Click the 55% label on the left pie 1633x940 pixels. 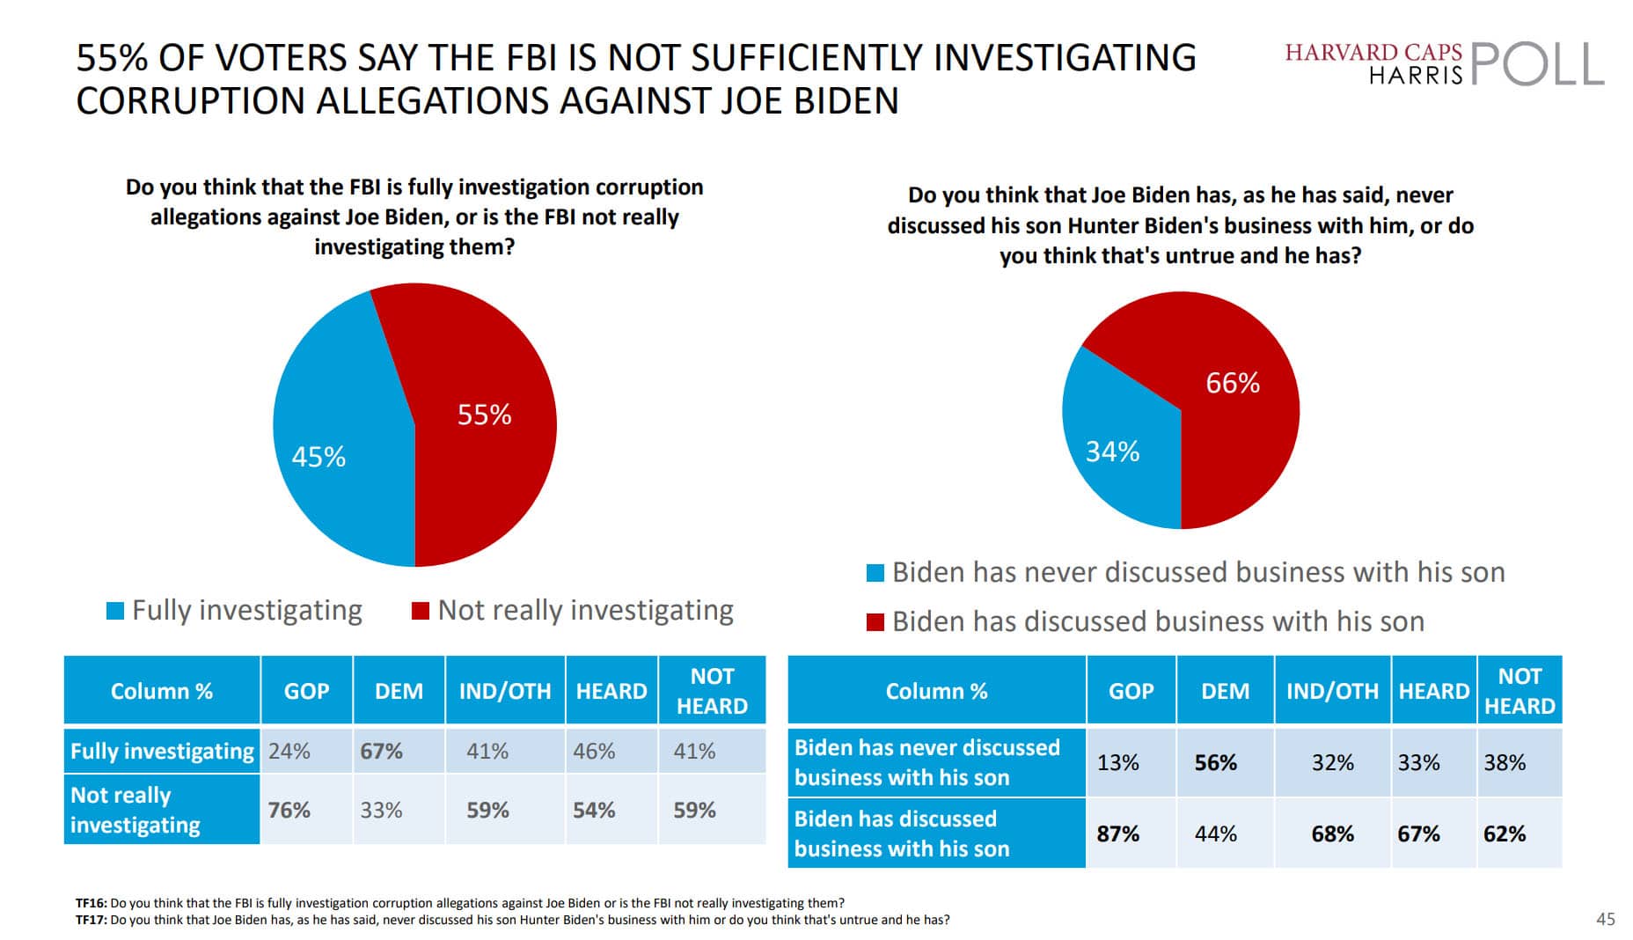tap(484, 415)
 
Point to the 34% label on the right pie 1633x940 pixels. tap(1112, 452)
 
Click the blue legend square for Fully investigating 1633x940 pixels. tap(114, 611)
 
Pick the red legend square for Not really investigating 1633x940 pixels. tap(421, 611)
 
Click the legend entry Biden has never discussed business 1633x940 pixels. tap(1197, 573)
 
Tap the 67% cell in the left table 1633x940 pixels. tap(381, 752)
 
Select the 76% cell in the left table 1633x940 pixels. tap(289, 811)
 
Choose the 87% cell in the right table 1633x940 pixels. tap(1117, 834)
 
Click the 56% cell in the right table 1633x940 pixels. tap(1215, 762)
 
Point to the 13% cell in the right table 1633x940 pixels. tap(1117, 762)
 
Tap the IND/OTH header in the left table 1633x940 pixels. tap(504, 692)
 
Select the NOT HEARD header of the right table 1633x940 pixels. tap(1519, 691)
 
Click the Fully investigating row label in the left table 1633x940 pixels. tap(162, 752)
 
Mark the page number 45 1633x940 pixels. tap(1605, 919)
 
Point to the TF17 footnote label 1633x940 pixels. tap(91, 920)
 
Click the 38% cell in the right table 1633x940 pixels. tap(1504, 762)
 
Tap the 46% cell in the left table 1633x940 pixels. tap(594, 752)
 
